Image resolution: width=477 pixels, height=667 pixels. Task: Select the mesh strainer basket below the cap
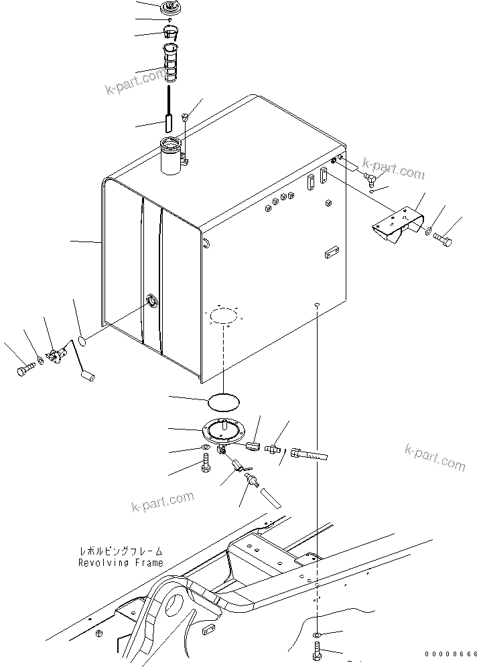(171, 61)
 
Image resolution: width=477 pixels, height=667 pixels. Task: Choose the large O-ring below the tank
(222, 402)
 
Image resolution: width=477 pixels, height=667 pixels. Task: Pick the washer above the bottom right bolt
(316, 633)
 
